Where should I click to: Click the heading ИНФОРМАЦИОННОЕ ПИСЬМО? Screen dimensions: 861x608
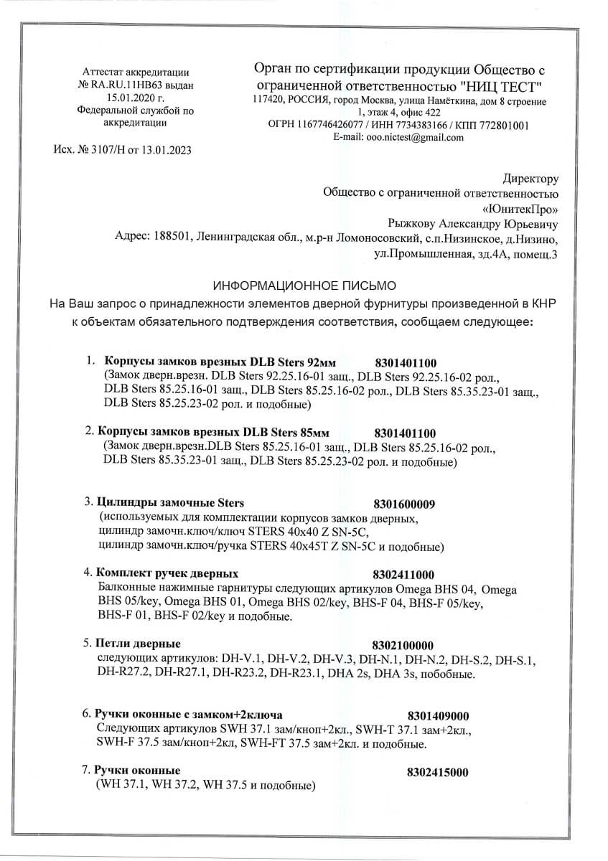pos(303,285)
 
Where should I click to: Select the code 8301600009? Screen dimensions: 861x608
pos(405,503)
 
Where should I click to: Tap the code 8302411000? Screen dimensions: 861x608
pos(404,575)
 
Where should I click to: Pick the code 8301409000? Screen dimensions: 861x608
pos(438,715)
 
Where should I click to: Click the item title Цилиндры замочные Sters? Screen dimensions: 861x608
pos(170,502)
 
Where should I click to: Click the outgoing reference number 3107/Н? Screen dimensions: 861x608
pos(111,150)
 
